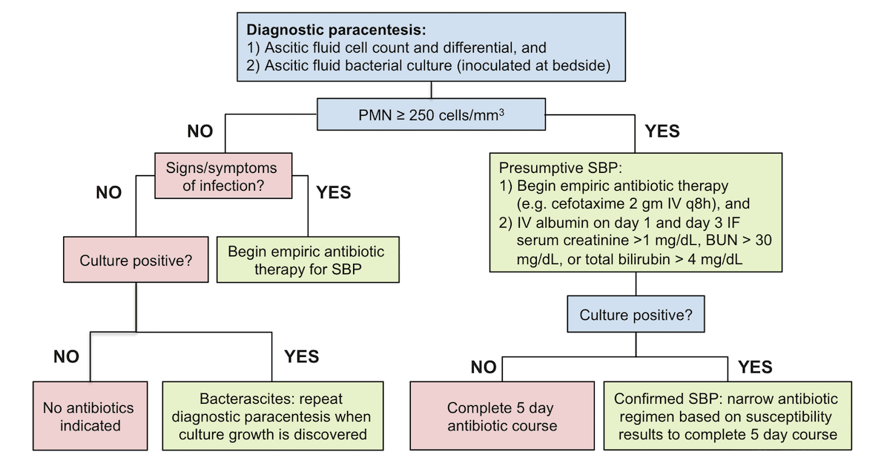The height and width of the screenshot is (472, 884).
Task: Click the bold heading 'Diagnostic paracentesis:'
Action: pos(337,30)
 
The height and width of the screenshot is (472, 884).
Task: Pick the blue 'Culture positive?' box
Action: pos(636,315)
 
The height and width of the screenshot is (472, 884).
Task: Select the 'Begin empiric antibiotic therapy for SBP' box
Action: pos(306,260)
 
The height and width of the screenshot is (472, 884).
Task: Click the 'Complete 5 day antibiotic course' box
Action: pos(502,417)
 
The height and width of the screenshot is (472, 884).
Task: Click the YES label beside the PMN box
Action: pos(662,131)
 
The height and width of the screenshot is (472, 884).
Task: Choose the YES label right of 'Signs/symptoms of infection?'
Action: pos(333,192)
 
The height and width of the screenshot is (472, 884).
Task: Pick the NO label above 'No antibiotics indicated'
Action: pos(66,356)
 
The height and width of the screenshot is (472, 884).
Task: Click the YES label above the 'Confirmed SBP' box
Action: pos(755,367)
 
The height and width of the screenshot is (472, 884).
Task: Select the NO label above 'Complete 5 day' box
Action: pos(484,367)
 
